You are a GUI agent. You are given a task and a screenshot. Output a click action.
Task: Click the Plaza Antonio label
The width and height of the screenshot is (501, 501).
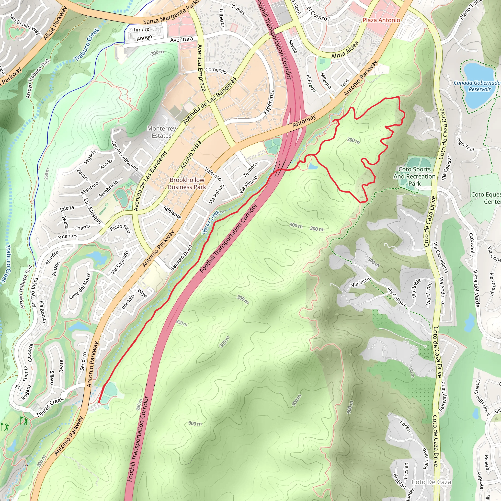(x=381, y=20)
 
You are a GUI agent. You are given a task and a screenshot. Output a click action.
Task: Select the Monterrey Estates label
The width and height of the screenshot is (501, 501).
(x=161, y=132)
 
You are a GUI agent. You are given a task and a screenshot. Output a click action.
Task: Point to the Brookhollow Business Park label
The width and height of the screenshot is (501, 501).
(x=187, y=183)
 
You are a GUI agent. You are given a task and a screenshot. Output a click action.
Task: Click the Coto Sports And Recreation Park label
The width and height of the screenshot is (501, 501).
(x=414, y=176)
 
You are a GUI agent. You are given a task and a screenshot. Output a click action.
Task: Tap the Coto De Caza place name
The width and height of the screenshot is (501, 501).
(x=431, y=482)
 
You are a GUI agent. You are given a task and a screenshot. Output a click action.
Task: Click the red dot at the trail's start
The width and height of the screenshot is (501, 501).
(x=99, y=402)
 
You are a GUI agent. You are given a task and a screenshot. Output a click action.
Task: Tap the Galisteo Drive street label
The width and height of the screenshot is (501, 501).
(x=181, y=258)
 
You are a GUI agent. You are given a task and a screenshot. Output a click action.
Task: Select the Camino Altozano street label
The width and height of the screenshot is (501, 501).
(x=125, y=156)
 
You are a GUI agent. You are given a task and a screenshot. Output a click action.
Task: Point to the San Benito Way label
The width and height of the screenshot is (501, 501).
(x=25, y=24)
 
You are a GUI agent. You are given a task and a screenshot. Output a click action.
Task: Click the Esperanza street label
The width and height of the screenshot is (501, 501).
(x=269, y=102)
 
